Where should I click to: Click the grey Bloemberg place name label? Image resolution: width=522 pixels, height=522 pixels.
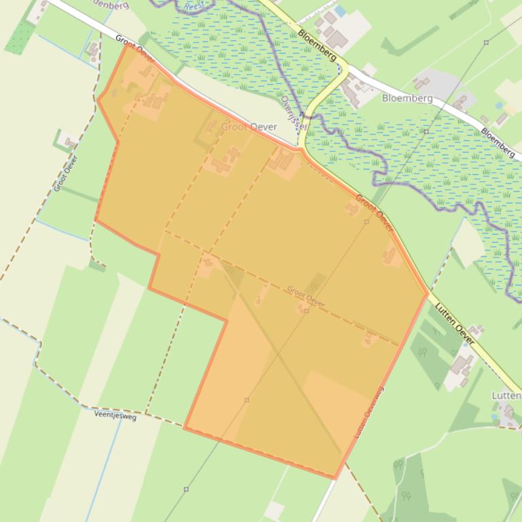point(407,98)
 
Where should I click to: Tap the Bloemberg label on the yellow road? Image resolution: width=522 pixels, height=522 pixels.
point(317,46)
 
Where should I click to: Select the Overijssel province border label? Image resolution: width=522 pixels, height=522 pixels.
point(295,113)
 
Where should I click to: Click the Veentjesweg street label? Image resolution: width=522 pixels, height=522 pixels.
point(115,416)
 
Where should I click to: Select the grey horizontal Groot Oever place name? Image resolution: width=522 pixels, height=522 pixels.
point(249,127)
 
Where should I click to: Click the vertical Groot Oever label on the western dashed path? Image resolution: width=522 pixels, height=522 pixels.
point(66,174)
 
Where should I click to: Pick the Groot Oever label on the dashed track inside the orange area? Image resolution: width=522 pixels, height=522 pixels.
point(305,296)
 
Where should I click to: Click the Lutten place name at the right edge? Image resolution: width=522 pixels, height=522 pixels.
point(506,395)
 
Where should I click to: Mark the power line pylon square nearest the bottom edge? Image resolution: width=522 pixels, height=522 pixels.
point(186,489)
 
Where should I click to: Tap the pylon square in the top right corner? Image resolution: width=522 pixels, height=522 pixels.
point(486,42)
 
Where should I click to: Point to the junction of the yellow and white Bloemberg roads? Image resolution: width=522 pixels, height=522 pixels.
point(348,68)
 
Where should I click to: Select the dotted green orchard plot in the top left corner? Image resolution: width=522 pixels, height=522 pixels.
point(20,37)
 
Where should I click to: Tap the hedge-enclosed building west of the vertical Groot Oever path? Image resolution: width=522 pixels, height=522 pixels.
point(68,142)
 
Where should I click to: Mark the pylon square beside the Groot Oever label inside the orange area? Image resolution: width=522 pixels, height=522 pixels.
point(307,311)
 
